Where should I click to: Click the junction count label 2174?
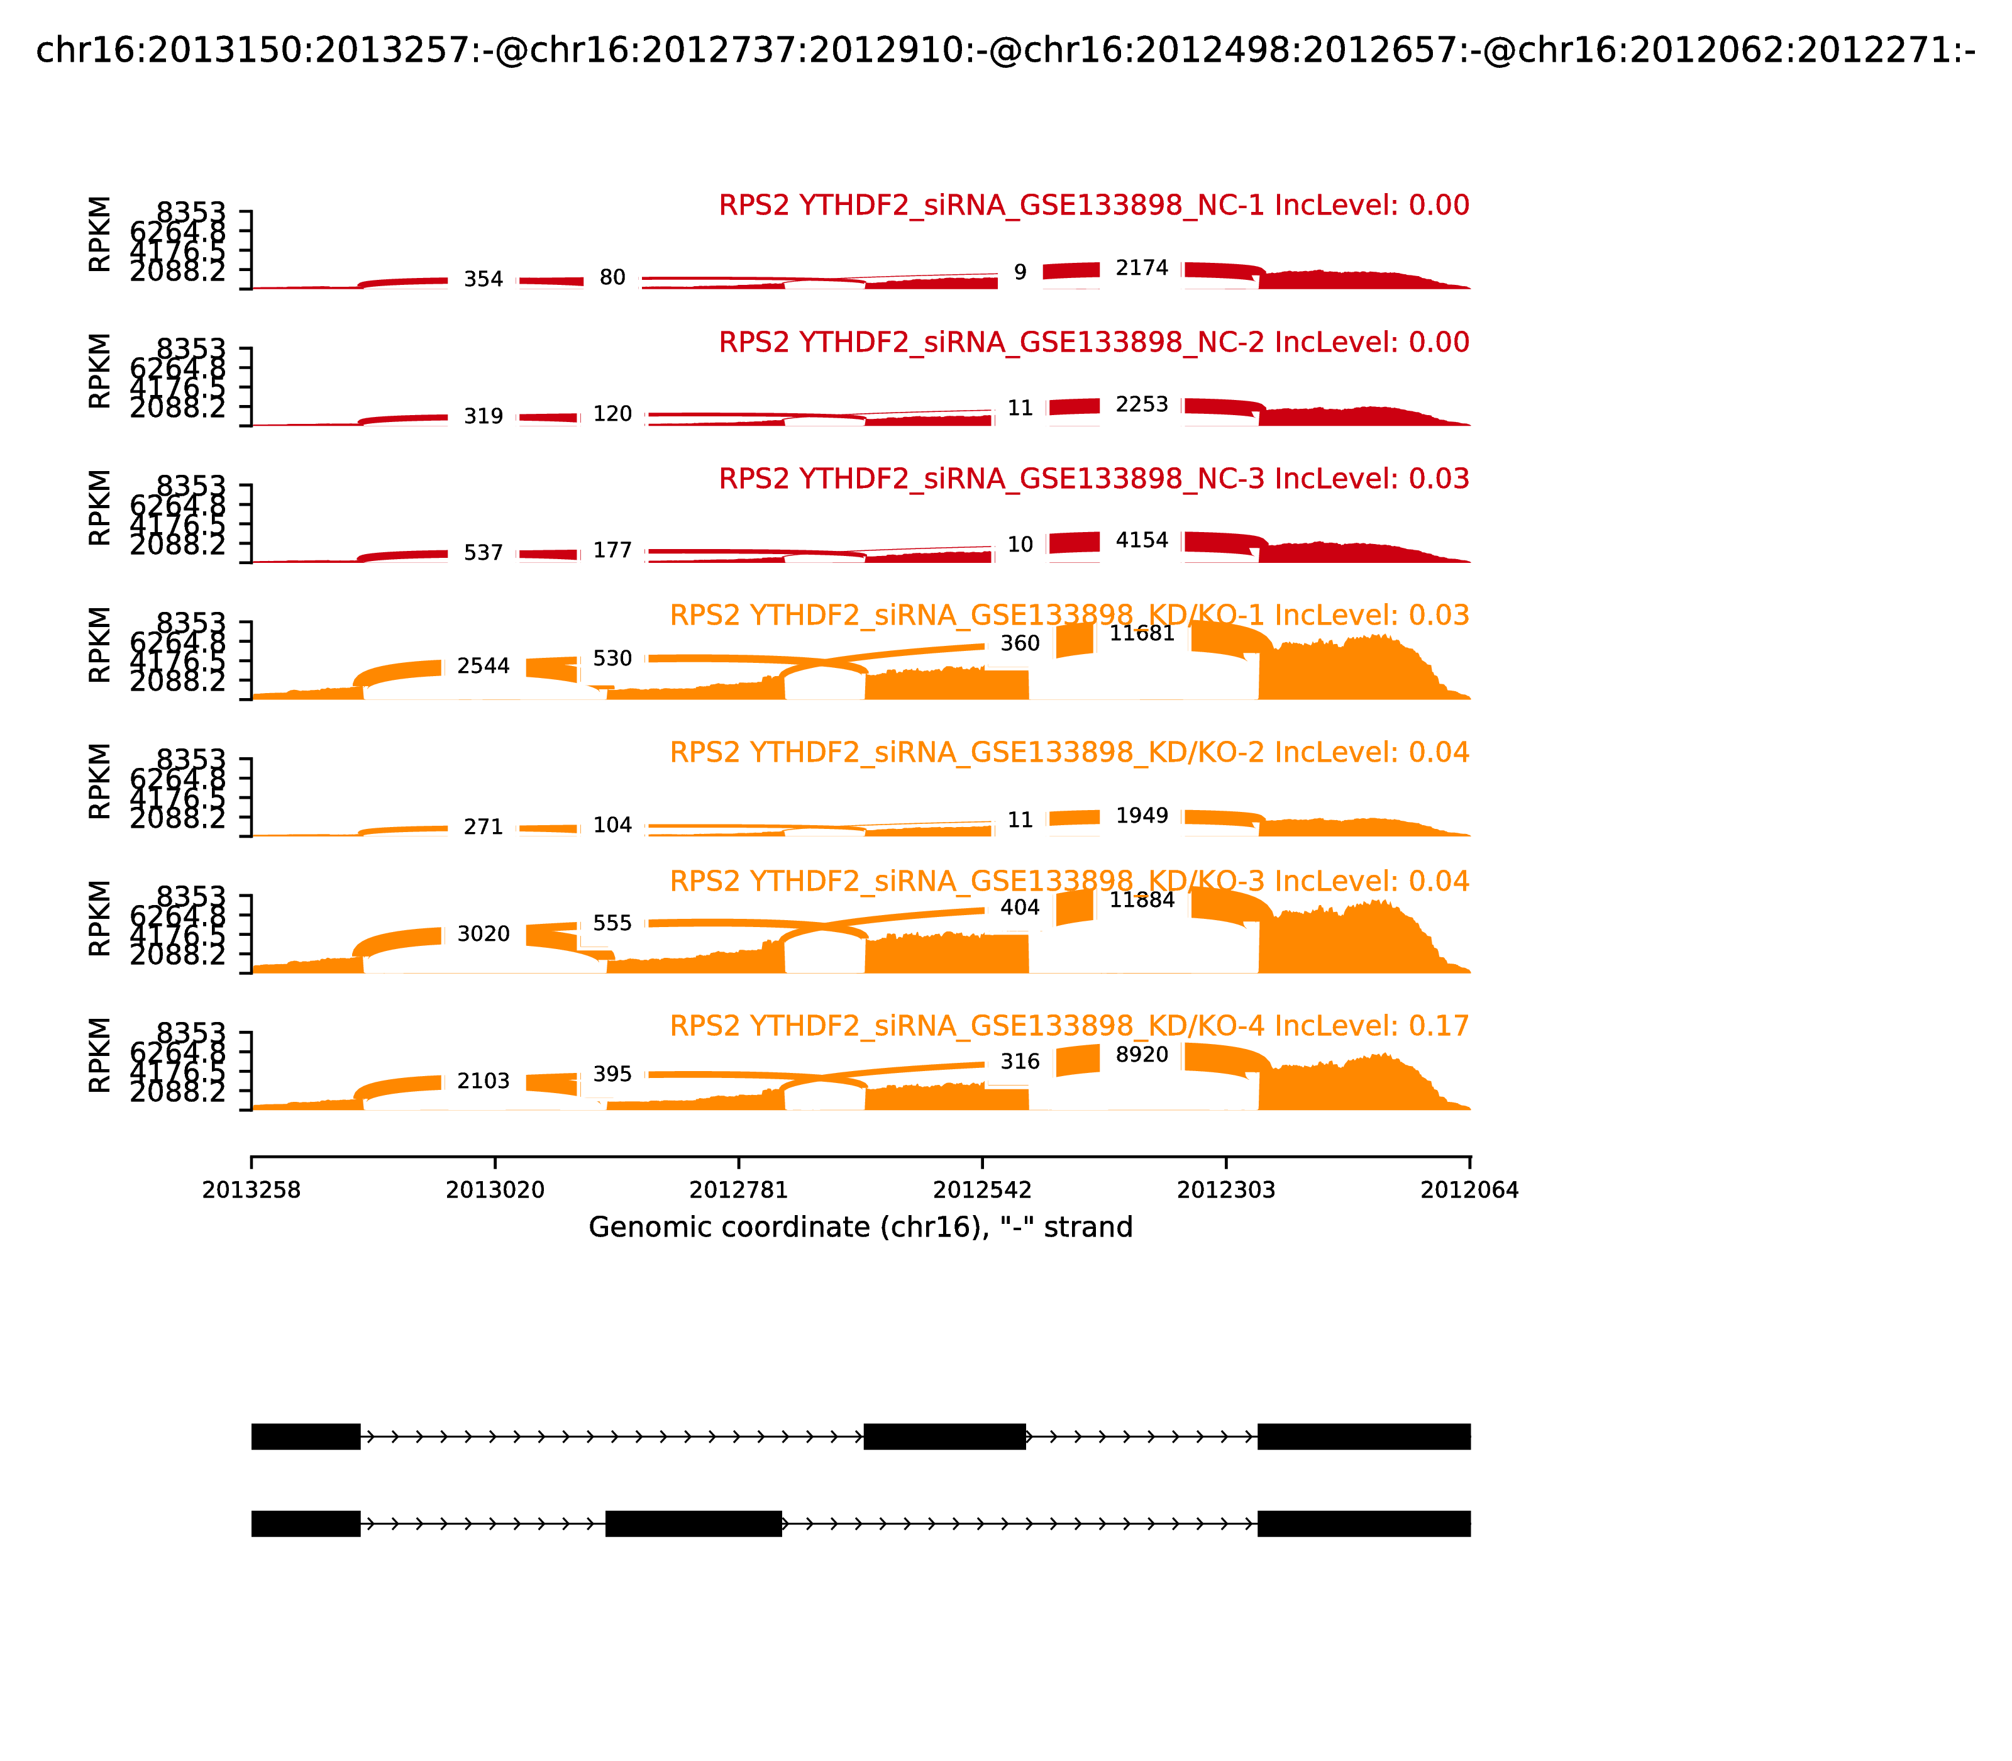coord(1142,269)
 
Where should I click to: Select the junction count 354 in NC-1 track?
coord(484,279)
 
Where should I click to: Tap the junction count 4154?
coord(1142,540)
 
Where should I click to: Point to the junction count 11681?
coord(1142,634)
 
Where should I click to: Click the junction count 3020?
coord(484,933)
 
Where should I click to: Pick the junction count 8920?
coord(1142,1055)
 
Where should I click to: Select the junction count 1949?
coord(1142,816)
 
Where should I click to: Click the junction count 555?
coord(612,923)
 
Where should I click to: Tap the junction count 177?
coord(612,550)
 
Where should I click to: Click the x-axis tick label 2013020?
coord(495,1190)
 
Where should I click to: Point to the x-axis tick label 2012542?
coord(982,1190)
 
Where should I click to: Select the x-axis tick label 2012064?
coord(1470,1190)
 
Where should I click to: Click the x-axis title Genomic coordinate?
coord(861,1228)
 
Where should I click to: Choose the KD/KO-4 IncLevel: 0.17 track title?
coord(1069,1026)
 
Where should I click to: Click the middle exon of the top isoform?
coord(944,1436)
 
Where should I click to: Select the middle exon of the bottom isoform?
coord(694,1523)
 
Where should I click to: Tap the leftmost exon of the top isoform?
coord(306,1436)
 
